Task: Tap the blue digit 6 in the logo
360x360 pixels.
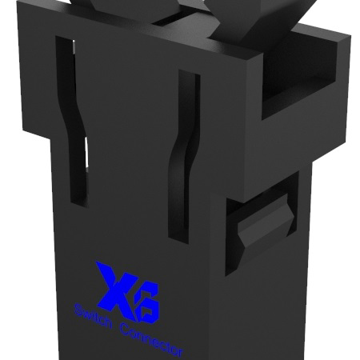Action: [x=146, y=298]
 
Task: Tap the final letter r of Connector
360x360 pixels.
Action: [x=180, y=352]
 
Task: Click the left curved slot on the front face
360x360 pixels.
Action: [x=73, y=120]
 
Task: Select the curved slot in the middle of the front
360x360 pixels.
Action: [x=183, y=156]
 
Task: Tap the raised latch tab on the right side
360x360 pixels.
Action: [x=264, y=224]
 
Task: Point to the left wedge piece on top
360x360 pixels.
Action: [x=120, y=11]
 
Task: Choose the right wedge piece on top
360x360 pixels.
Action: [x=240, y=20]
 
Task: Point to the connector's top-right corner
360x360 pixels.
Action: [x=349, y=37]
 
